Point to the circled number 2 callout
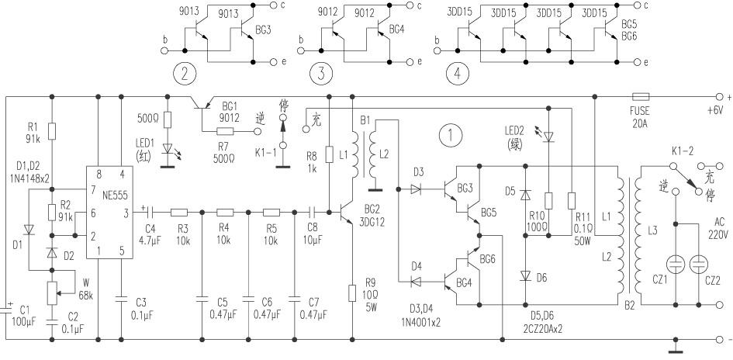click(x=184, y=74)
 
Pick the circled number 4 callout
click(x=458, y=74)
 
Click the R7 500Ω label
click(x=223, y=153)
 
